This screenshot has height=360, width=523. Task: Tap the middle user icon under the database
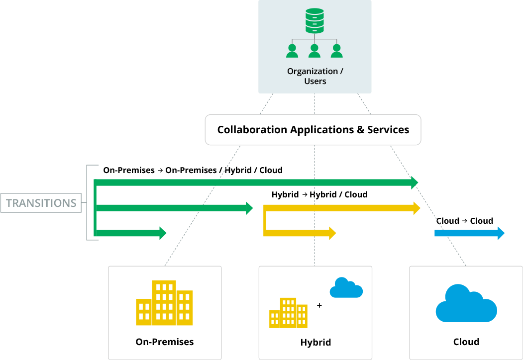[314, 51]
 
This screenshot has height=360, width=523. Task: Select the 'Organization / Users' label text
[315, 76]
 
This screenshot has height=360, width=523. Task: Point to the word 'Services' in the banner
[388, 130]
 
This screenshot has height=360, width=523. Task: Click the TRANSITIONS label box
[41, 203]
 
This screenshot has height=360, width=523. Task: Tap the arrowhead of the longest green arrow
[415, 182]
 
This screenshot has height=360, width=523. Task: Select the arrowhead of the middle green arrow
[250, 208]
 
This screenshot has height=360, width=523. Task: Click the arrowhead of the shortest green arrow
[163, 233]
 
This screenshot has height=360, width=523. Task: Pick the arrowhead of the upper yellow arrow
[417, 208]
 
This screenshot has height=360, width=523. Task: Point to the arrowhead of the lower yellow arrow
[333, 233]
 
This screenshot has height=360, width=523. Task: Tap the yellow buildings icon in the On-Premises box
[164, 303]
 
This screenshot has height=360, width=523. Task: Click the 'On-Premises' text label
[165, 342]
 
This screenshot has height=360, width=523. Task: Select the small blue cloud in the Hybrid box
[346, 288]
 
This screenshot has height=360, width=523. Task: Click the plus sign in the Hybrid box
[319, 305]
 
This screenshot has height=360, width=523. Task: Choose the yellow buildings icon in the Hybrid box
[288, 313]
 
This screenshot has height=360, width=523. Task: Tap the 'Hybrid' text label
[315, 343]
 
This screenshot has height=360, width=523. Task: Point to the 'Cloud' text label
[466, 342]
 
